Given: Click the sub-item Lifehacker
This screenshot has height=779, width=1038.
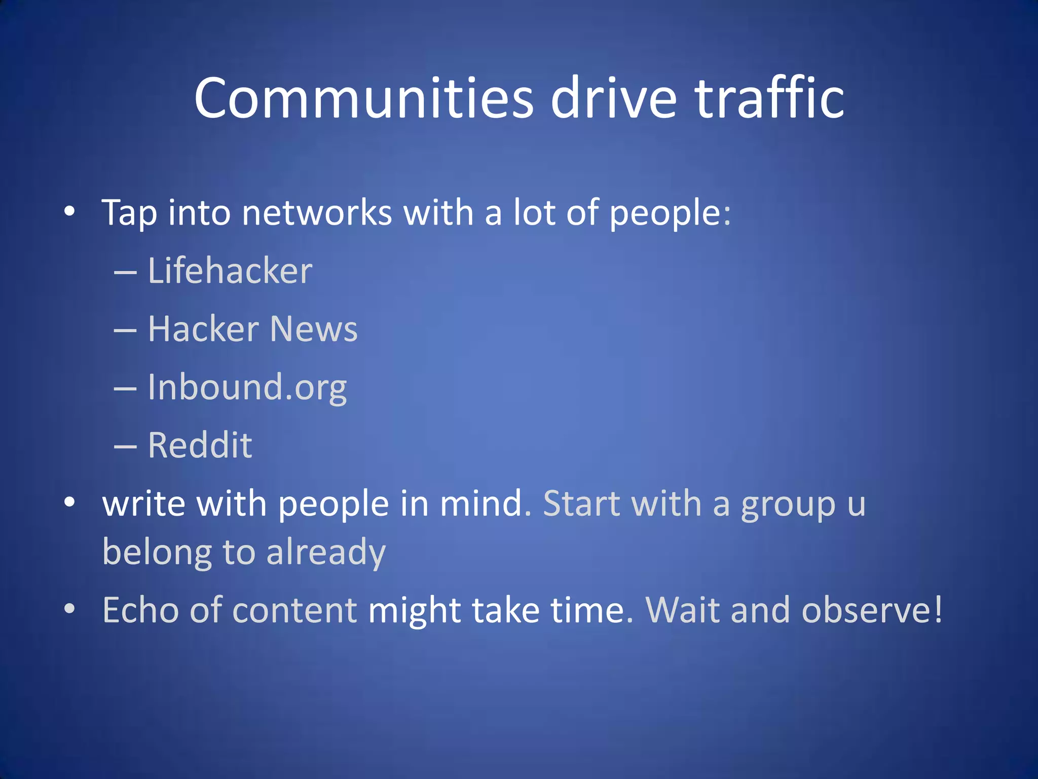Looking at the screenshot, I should [x=230, y=271].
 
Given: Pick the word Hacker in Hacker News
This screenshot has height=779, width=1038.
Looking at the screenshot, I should [x=203, y=329].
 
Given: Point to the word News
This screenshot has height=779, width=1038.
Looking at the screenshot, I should [x=314, y=329].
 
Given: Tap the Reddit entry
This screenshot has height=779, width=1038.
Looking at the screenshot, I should [x=200, y=446].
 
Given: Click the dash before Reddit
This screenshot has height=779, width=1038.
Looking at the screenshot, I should [x=125, y=447].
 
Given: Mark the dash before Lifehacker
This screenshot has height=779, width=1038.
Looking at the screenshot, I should [x=125, y=272].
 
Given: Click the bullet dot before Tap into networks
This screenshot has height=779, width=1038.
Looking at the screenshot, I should [x=69, y=211].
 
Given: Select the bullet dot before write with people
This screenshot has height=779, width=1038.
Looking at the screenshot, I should [x=69, y=502].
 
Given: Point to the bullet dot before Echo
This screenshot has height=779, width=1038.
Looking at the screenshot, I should [x=69, y=608].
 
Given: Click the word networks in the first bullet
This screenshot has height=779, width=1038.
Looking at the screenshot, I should [x=317, y=213].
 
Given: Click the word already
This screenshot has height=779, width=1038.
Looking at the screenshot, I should [x=326, y=553].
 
